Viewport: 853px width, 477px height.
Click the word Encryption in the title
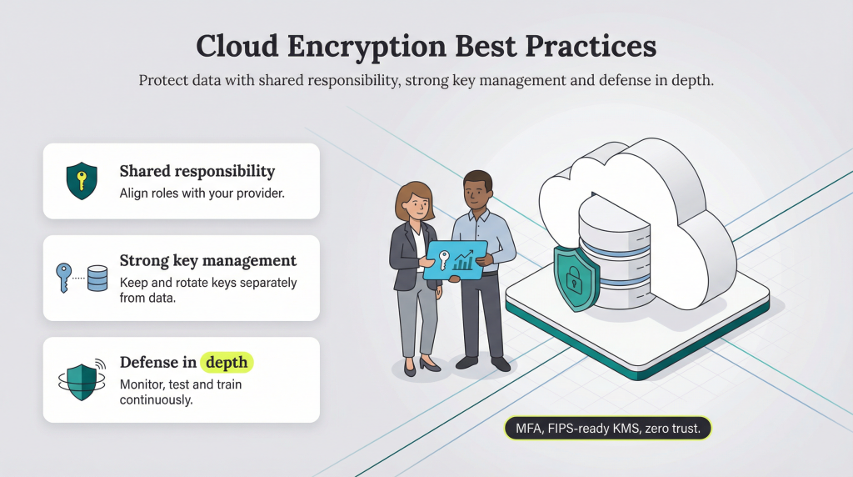click(357, 46)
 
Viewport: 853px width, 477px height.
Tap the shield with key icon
click(82, 181)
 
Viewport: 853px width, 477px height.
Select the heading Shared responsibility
click(197, 171)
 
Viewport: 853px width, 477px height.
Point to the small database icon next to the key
click(97, 278)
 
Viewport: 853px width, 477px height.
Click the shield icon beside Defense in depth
click(82, 379)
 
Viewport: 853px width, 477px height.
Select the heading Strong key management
click(207, 260)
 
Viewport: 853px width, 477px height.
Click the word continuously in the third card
click(157, 400)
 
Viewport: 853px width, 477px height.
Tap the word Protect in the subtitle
click(163, 81)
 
